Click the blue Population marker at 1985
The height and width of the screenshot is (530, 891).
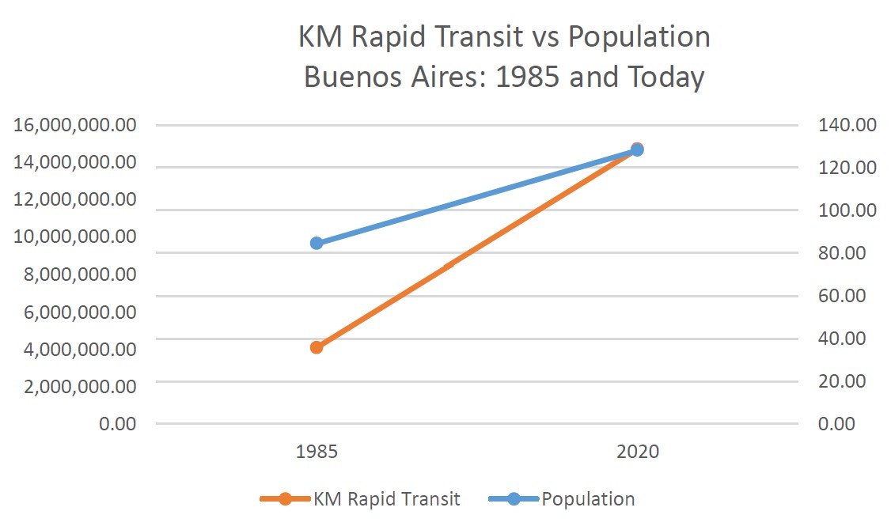[x=317, y=243]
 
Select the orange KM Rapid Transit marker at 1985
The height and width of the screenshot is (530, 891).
[x=317, y=346]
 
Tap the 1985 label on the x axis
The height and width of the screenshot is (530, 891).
[x=317, y=452]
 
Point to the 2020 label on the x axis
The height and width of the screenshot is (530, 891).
[x=638, y=452]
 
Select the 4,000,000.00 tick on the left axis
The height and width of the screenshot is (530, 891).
[x=76, y=348]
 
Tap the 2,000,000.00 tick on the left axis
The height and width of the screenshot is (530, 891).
[x=76, y=386]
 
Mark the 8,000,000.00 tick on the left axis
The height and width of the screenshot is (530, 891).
[x=76, y=274]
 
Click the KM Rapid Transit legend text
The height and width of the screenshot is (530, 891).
[x=386, y=499]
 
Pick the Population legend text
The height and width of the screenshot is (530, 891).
[x=588, y=499]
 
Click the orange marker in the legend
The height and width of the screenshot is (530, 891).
[x=286, y=499]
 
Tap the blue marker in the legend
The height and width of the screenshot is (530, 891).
[x=514, y=499]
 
